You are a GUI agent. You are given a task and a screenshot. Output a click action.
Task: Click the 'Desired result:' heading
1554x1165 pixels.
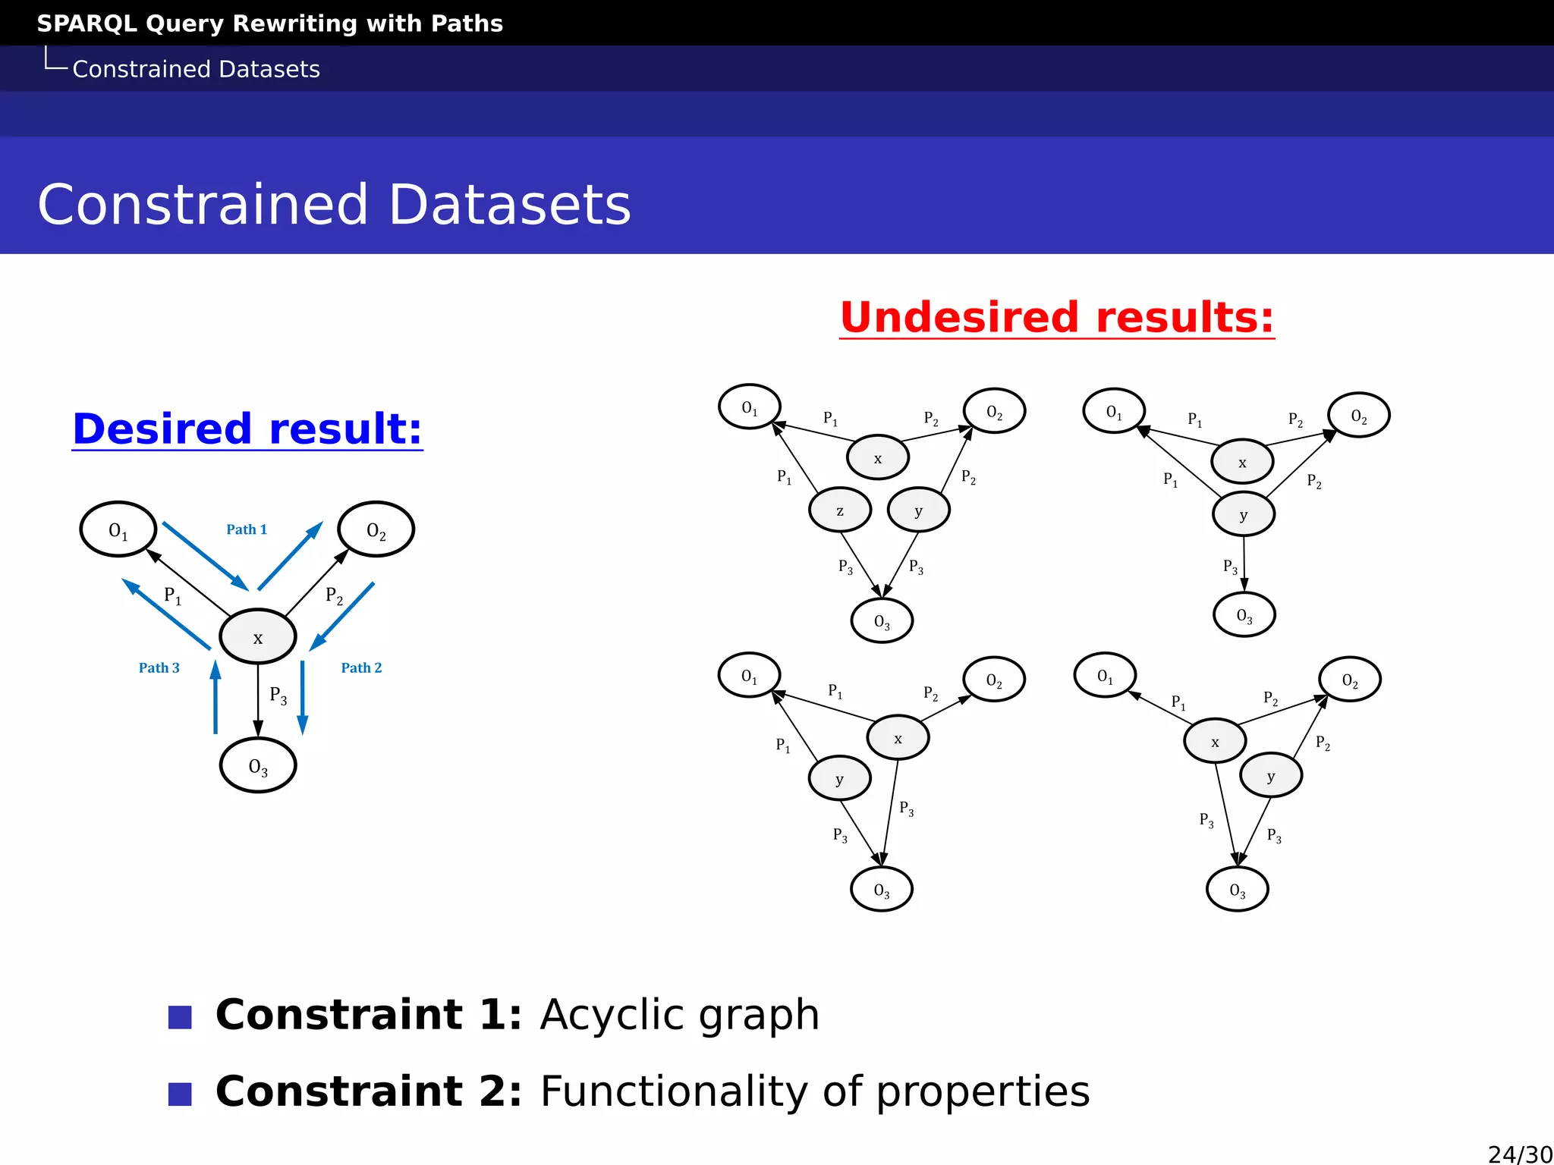coord(247,429)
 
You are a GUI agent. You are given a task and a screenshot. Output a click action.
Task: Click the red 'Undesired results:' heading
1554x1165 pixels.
coord(1056,317)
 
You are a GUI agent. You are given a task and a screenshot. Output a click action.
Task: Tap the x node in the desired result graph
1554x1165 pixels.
coord(258,637)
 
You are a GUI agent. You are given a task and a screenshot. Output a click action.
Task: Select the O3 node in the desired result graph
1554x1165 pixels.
coord(258,765)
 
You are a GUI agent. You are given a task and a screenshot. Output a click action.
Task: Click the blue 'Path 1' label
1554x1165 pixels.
coord(247,529)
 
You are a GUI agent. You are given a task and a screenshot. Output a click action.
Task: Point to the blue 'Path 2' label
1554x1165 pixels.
coord(361,667)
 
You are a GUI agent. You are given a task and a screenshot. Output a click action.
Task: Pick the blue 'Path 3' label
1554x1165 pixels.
coord(159,667)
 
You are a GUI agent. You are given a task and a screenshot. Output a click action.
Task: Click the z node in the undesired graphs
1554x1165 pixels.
coord(840,510)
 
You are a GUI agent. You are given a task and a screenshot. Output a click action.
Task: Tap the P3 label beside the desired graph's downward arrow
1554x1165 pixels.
coord(278,695)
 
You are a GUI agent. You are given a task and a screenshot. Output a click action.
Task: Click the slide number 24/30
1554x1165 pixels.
coord(1519,1154)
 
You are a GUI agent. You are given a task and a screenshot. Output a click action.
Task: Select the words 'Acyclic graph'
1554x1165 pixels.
coord(679,1014)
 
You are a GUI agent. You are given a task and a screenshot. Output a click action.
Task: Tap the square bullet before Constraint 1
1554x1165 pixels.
coord(180,1017)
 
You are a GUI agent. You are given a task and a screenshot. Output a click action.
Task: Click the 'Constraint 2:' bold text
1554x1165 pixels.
coord(369,1091)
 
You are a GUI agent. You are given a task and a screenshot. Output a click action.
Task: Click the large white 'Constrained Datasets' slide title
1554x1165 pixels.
coord(334,205)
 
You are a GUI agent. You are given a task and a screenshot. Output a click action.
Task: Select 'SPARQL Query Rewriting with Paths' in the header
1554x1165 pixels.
coord(270,24)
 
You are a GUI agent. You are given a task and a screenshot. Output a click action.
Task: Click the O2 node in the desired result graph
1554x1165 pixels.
coord(376,529)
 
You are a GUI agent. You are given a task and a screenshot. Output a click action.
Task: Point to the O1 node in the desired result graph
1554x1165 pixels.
coord(118,529)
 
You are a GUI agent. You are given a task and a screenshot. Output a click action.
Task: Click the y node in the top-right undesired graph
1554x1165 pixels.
coord(1244,515)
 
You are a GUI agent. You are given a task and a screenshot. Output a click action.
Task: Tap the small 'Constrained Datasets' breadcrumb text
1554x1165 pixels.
coord(196,69)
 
